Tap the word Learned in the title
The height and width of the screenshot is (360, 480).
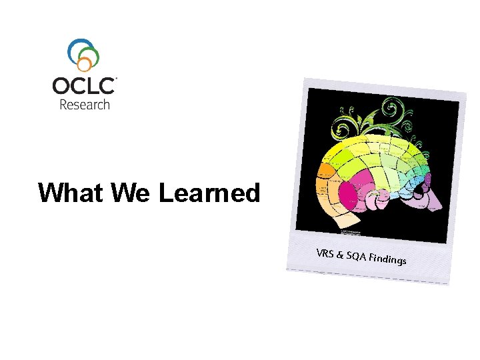[x=209, y=193]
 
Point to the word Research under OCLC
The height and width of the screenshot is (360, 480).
[x=85, y=104]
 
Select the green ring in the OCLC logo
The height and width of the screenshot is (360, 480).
[x=92, y=56]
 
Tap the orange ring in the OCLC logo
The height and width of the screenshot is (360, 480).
[x=85, y=64]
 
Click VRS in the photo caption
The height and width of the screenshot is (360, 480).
[x=325, y=254]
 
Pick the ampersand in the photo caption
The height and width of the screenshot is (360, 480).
[x=340, y=255]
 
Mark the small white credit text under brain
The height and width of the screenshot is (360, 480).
[x=350, y=231]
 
